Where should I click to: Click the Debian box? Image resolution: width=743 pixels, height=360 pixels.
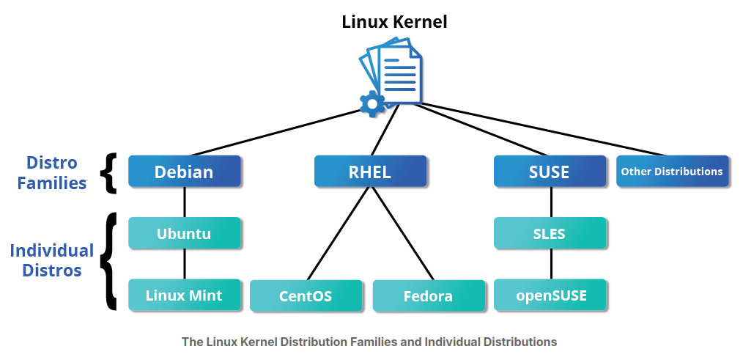[x=184, y=172]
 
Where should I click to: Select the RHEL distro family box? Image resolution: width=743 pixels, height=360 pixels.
[x=370, y=172]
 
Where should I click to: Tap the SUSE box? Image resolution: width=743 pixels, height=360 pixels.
[x=549, y=172]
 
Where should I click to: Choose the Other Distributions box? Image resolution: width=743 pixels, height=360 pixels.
[x=672, y=172]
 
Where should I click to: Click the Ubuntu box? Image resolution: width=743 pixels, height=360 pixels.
[x=184, y=233]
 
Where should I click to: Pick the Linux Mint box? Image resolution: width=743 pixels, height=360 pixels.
[x=184, y=295]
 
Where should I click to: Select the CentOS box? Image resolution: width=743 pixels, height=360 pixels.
[x=306, y=296]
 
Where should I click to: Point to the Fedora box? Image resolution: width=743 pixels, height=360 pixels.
[x=429, y=296]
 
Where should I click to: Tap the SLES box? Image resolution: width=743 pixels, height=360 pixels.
[x=549, y=233]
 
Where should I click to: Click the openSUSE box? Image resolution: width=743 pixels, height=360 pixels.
[x=549, y=295]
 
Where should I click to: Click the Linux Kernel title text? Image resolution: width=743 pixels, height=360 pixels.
[x=394, y=21]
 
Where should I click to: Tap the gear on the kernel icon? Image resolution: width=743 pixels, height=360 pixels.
[x=372, y=104]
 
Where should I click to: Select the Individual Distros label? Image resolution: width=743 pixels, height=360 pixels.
[x=52, y=260]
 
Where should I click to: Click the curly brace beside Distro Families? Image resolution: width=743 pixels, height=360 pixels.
[x=111, y=173]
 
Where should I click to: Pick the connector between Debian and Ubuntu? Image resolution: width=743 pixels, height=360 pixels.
[x=184, y=202]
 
